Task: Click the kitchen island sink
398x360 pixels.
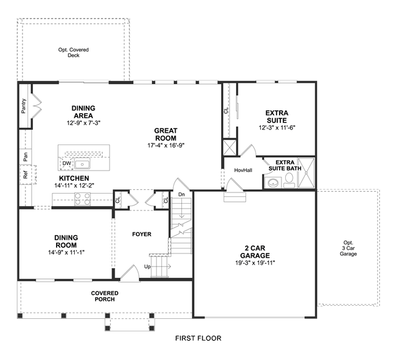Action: click(82, 164)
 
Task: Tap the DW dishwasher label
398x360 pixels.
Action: click(67, 164)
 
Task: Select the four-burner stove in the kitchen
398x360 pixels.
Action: click(82, 199)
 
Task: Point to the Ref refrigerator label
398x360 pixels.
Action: click(25, 175)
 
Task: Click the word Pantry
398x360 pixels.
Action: click(24, 106)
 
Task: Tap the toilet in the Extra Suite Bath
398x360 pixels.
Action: click(289, 180)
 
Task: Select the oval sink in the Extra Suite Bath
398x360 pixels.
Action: click(273, 182)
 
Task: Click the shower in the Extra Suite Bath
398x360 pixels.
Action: click(306, 173)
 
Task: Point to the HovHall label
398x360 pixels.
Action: click(243, 170)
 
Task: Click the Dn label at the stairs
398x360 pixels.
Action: click(181, 194)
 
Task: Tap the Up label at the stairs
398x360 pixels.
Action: click(147, 267)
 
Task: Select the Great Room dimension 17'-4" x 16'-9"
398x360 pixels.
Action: click(166, 146)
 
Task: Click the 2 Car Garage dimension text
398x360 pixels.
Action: click(255, 263)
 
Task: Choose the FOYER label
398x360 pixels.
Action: click(141, 234)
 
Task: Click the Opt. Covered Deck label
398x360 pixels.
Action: click(73, 52)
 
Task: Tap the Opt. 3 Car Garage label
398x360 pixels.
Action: click(348, 248)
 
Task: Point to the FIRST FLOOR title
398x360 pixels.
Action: click(198, 338)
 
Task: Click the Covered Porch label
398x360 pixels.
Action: click(105, 296)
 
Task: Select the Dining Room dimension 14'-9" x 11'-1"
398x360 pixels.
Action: click(66, 252)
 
